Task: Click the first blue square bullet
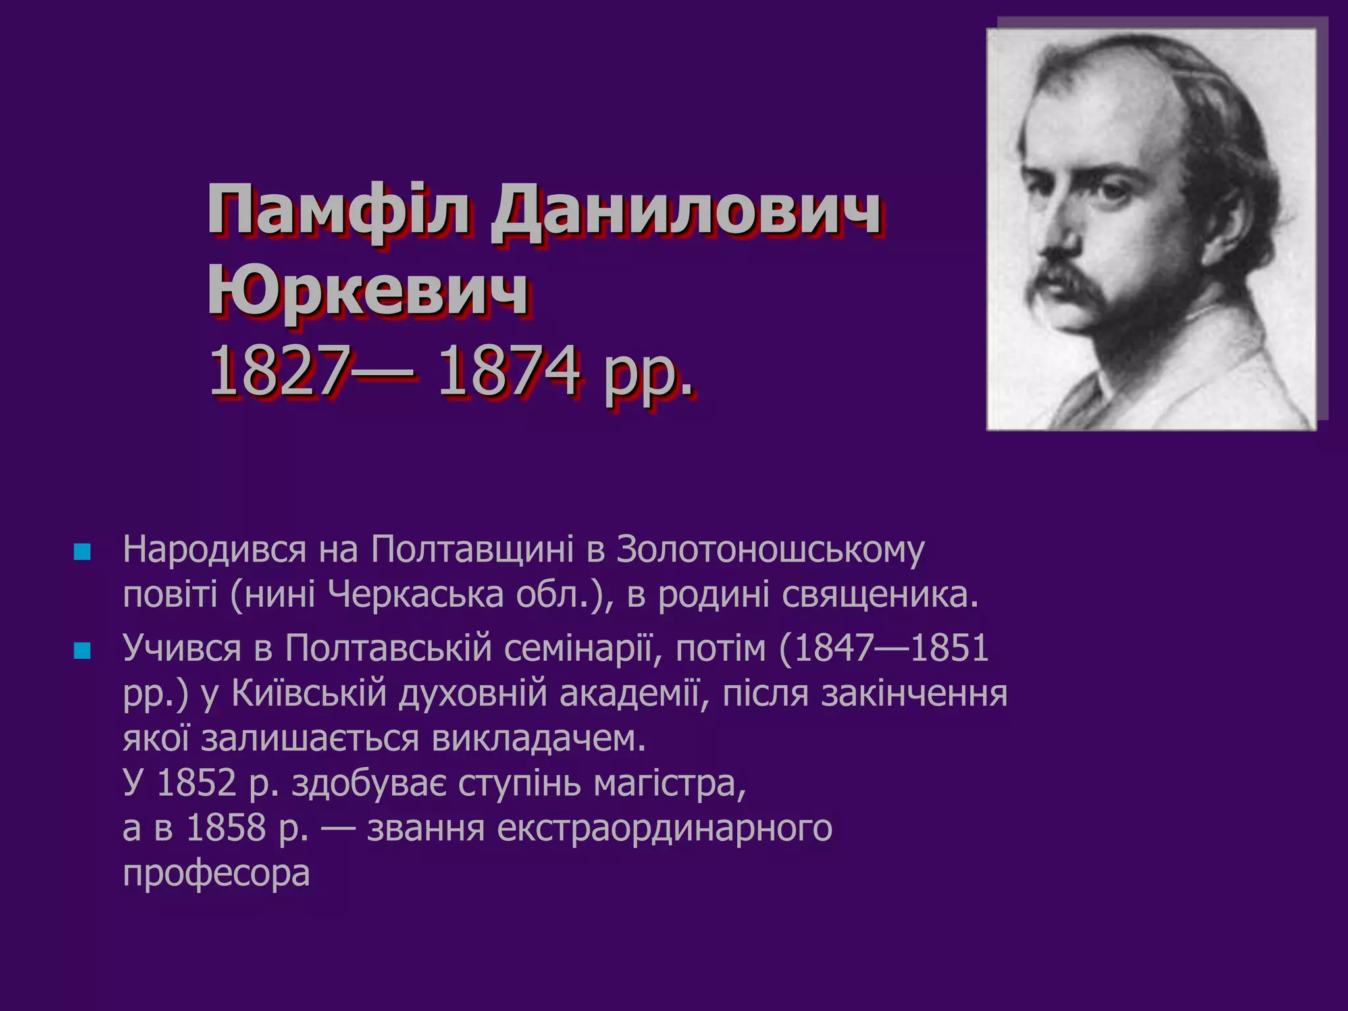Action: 82,552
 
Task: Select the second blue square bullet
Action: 82,650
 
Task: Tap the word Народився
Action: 215,550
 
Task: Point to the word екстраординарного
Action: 665,828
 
